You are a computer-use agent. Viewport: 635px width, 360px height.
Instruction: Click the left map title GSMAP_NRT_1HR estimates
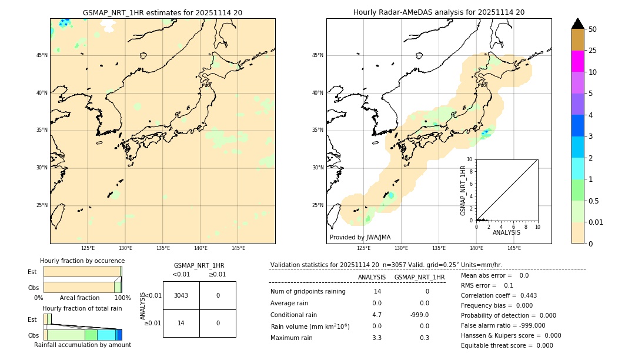tap(162, 12)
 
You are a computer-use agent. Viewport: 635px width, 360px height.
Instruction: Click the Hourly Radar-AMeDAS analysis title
tap(439, 12)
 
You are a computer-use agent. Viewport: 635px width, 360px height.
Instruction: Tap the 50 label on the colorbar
tap(593, 29)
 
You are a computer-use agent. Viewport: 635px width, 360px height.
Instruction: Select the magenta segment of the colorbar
tap(577, 61)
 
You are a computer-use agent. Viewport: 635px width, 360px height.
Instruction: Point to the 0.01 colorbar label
tap(596, 222)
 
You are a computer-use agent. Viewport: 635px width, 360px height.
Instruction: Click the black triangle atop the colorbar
tap(577, 24)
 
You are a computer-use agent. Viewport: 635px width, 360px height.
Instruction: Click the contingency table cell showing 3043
tap(181, 295)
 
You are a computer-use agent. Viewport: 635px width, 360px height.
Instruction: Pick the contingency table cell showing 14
tap(181, 323)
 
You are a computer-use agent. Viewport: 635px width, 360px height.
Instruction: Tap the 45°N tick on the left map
tap(42, 55)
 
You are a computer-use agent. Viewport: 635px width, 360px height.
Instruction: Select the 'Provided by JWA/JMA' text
tap(360, 238)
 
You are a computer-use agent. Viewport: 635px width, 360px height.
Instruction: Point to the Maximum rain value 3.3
tap(377, 338)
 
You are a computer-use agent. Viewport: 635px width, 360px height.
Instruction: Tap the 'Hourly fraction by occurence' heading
tap(82, 261)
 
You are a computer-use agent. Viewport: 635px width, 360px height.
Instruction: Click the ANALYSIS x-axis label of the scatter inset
tap(506, 232)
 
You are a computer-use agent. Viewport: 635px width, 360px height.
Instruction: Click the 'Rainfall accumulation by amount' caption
tap(82, 345)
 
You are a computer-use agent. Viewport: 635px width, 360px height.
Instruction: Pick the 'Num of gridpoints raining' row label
tap(308, 292)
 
